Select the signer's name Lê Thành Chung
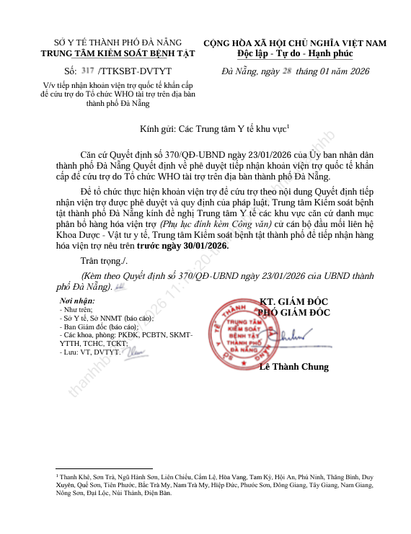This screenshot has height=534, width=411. pos(293,367)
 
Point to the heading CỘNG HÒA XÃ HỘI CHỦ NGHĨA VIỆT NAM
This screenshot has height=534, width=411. pos(295,43)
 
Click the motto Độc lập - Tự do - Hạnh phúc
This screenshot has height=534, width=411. pos(295,53)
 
